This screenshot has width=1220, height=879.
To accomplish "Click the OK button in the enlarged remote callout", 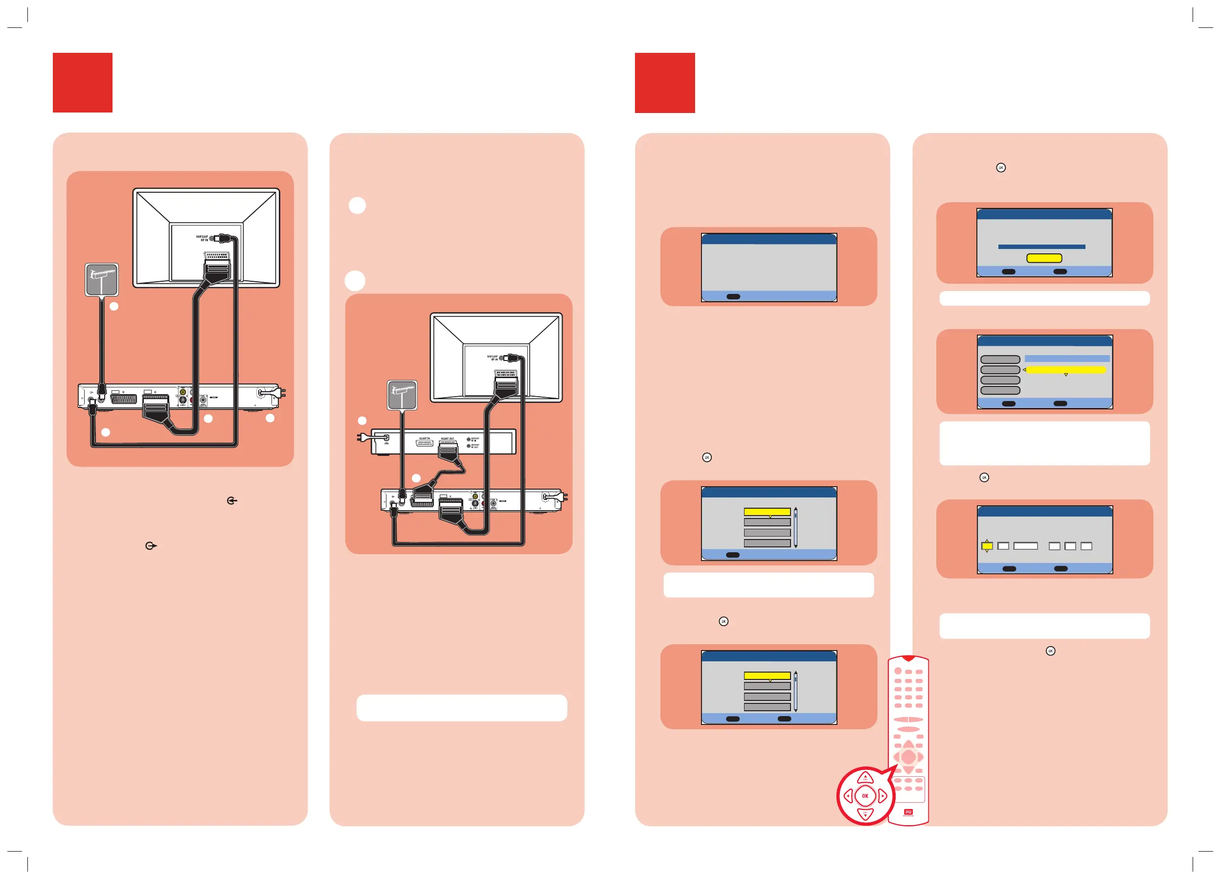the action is (865, 796).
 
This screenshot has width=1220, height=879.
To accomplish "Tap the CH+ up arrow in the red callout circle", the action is (865, 777).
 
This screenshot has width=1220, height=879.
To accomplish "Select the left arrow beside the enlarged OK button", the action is (848, 796).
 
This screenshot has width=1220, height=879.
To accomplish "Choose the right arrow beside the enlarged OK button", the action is (882, 796).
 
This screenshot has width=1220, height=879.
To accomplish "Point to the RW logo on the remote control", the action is (908, 812).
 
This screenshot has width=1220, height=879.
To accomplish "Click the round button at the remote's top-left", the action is (898, 671).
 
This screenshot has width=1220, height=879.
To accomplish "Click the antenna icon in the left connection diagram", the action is (102, 279).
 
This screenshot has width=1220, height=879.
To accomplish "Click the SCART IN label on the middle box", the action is (425, 438).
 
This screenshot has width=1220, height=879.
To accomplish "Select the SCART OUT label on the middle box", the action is (448, 438).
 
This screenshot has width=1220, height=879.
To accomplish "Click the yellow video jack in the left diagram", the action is (183, 392).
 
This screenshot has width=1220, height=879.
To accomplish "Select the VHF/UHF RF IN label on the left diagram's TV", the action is (202, 238).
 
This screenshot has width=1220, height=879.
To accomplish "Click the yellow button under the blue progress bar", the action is (1043, 258).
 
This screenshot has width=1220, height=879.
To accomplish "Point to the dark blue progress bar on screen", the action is (1041, 247).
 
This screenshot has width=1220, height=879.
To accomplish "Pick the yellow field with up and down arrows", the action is (987, 546).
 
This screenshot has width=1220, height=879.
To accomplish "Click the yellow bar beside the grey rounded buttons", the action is (1065, 370).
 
